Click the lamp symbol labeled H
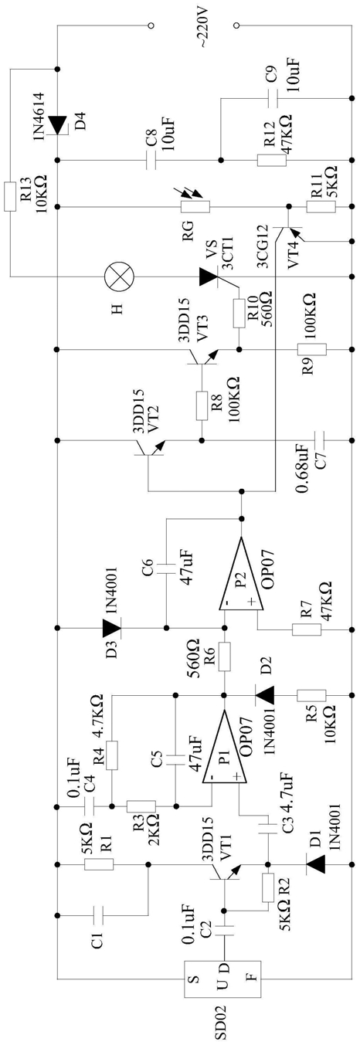tap(120, 277)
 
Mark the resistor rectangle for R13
tap(10, 197)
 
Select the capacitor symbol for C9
tap(271, 98)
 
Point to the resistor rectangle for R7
tap(307, 629)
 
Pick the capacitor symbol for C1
tap(99, 914)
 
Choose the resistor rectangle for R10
tap(239, 314)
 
